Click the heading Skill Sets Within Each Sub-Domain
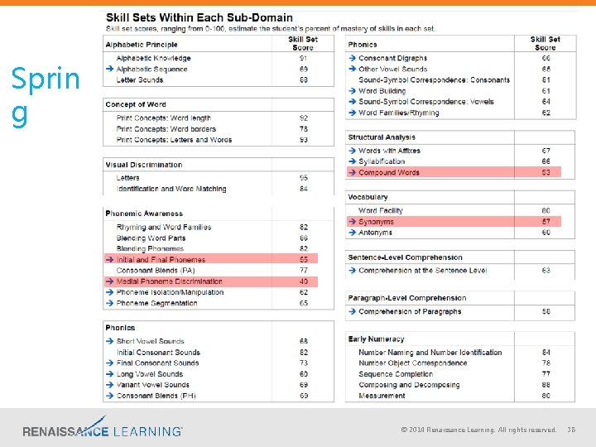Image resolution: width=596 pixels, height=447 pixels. (198, 17)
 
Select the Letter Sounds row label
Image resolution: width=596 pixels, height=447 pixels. (140, 80)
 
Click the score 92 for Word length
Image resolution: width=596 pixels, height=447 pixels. (304, 118)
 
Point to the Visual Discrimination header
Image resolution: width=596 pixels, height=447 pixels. (143, 165)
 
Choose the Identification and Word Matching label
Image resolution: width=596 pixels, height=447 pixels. (171, 189)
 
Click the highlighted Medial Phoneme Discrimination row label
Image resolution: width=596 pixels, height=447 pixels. (170, 281)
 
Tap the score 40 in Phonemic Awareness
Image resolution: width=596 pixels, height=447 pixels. (304, 281)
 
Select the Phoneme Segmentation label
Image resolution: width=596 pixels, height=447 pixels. (156, 303)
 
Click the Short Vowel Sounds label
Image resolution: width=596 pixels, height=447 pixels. (150, 341)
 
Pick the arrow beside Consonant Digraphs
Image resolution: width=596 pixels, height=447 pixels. (352, 59)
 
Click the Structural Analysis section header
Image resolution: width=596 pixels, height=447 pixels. (382, 137)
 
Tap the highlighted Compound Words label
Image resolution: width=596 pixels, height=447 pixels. (389, 172)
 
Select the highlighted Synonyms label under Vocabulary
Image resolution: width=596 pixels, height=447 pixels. (376, 222)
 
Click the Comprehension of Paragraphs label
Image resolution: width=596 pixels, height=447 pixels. (410, 311)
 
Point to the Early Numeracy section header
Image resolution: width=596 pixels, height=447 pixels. (376, 339)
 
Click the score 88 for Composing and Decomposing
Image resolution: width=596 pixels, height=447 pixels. (546, 385)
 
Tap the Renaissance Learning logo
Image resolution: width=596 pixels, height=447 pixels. (103, 430)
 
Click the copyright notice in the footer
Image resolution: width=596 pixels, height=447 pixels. (478, 430)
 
